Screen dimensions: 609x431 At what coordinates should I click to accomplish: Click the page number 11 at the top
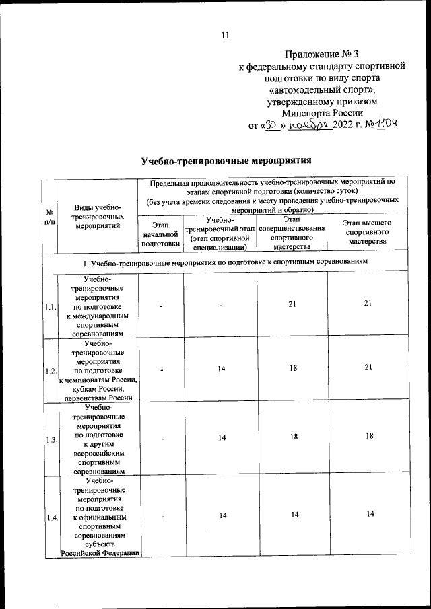pos(226,35)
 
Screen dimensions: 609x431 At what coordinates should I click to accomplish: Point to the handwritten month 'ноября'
pos(306,125)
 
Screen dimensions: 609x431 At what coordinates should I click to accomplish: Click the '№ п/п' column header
pos(49,217)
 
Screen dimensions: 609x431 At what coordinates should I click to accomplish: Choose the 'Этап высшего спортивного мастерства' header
pos(368,231)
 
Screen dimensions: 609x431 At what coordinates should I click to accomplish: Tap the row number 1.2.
pos(49,371)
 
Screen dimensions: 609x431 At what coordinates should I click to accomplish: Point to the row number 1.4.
pos(49,517)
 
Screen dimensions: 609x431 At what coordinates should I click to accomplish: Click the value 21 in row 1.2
pos(368,369)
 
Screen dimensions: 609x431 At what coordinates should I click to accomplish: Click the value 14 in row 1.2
pos(220,369)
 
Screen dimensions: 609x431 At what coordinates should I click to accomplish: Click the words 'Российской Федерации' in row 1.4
pos(100,553)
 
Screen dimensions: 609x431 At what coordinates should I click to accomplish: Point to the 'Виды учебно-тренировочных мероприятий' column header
pos(98,217)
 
